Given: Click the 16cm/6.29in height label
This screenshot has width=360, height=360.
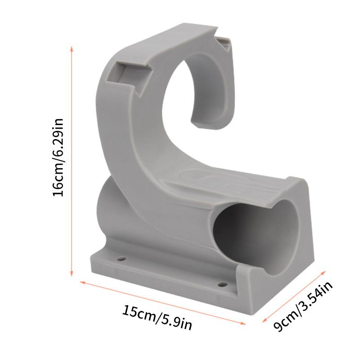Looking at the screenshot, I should [59, 157].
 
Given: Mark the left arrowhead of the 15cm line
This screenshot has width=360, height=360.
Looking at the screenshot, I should [82, 282].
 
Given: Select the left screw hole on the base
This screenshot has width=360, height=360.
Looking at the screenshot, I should [121, 260].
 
